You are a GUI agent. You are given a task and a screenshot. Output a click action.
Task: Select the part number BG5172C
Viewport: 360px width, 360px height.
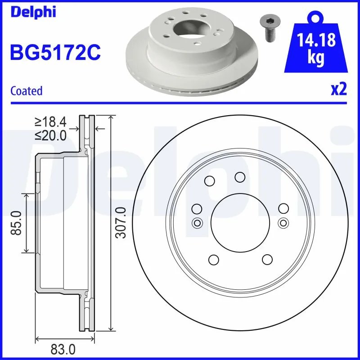[54, 53]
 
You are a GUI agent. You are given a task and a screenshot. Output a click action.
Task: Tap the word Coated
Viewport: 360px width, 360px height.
[26, 90]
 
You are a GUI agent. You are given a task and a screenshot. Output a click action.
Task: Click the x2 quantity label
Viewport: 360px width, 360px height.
[339, 90]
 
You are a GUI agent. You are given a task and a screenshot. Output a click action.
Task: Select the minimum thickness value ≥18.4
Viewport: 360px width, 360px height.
[50, 121]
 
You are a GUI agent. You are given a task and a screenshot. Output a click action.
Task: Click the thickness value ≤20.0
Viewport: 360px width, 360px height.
[50, 135]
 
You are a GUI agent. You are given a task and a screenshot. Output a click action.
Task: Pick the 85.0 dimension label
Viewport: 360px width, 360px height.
[17, 223]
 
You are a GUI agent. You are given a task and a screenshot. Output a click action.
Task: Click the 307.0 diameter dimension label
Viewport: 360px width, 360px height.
[120, 223]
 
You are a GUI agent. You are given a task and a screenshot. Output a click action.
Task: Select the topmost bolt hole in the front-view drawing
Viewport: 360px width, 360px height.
[240, 177]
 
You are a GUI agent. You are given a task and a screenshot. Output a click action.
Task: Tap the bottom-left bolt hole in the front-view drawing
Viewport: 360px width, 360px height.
[214, 260]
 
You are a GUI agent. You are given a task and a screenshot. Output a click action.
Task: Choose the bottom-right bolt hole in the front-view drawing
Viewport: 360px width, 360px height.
[267, 260]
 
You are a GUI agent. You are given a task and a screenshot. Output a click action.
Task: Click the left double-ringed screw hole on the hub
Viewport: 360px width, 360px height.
[197, 223]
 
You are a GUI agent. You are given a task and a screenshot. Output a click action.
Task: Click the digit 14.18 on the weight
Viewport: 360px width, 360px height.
[316, 40]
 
